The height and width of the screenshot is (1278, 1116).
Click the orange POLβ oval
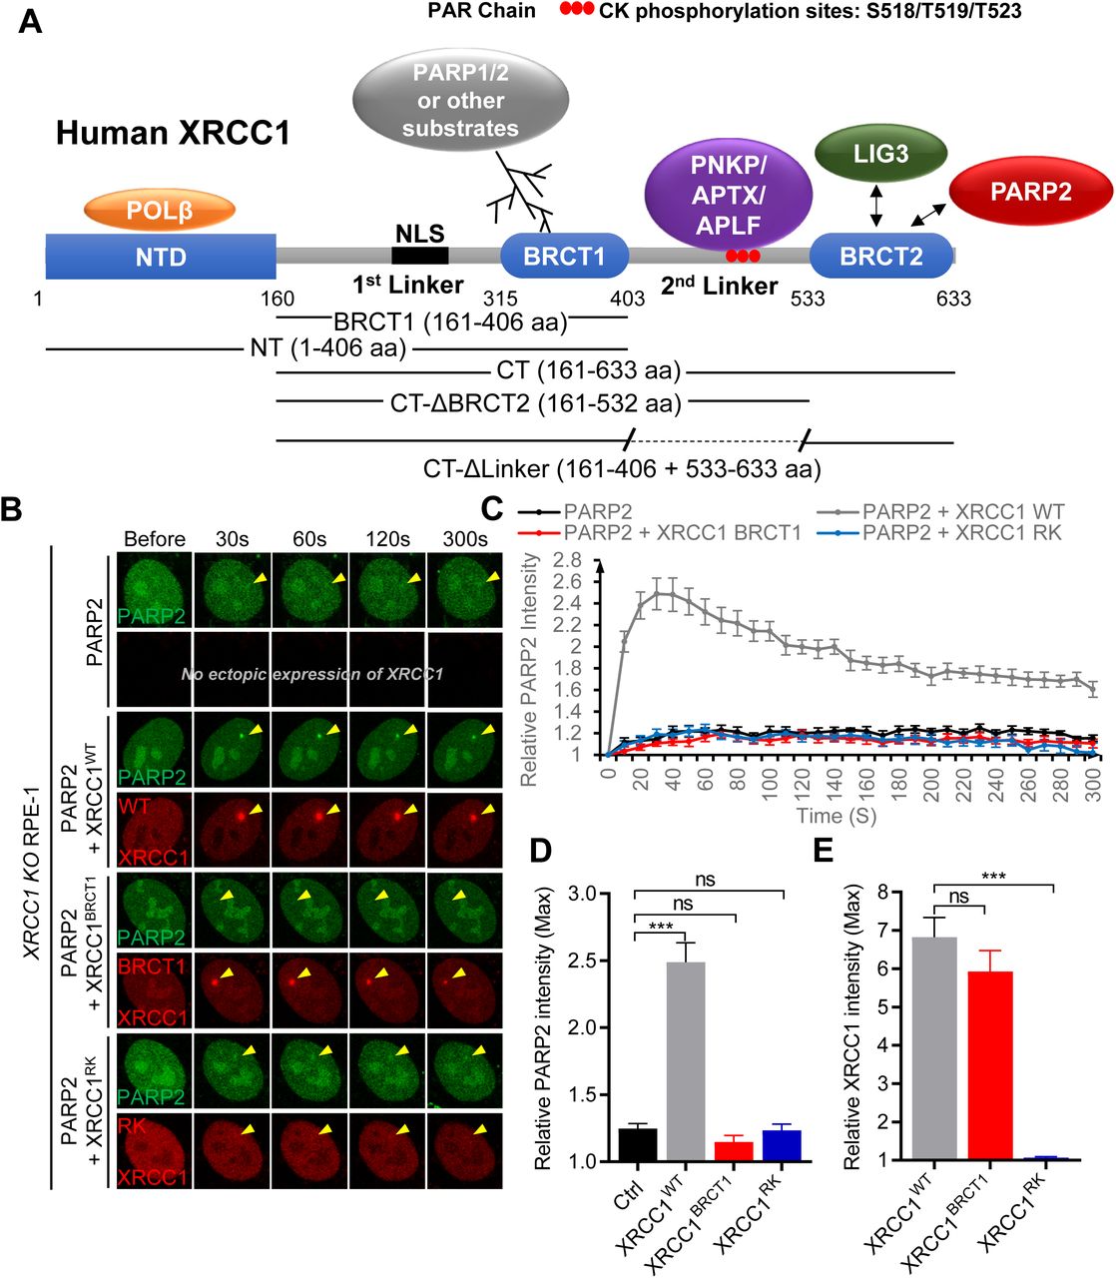coord(160,211)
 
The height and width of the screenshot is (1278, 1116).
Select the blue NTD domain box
coord(161,257)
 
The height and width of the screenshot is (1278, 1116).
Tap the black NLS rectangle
coord(419,256)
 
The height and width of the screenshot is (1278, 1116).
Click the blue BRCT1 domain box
coord(564,257)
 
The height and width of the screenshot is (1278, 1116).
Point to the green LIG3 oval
coord(880,154)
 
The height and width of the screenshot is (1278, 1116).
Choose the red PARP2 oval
coord(1030,192)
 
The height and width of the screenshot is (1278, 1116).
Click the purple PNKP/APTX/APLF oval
coord(728,196)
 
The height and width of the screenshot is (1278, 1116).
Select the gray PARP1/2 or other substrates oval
coord(460,100)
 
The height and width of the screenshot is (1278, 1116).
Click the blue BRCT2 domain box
coord(880,257)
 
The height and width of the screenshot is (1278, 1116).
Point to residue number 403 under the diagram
coord(627,299)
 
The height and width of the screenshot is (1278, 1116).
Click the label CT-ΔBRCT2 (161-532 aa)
coord(536,403)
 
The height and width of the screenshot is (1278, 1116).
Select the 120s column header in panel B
coord(387,539)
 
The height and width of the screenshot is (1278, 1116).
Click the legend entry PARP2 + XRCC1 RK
coord(960,532)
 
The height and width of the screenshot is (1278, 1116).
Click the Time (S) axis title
coord(837,816)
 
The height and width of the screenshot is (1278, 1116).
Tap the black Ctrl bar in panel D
coord(638,1144)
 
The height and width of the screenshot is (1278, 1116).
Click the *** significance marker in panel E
coord(993,878)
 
